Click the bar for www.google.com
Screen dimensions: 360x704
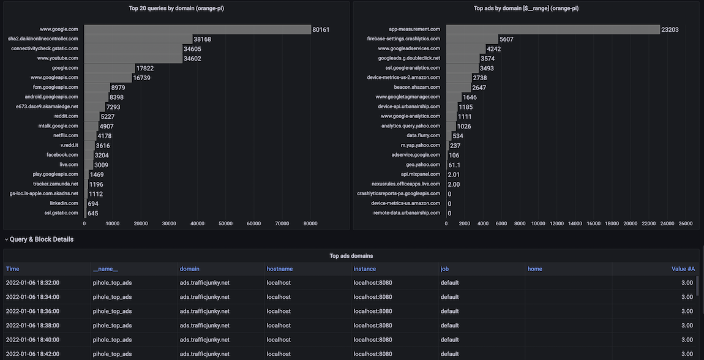pyautogui.click(x=197, y=29)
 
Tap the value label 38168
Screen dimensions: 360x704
pyautogui.click(x=202, y=39)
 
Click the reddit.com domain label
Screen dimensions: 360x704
pyautogui.click(x=66, y=116)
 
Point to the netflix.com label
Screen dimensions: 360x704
pyautogui.click(x=66, y=135)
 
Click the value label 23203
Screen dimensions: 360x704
pyautogui.click(x=670, y=29)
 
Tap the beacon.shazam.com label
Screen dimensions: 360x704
pyautogui.click(x=417, y=87)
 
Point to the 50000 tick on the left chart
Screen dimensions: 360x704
pyautogui.click(x=226, y=223)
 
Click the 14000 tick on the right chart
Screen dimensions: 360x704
pyautogui.click(x=575, y=223)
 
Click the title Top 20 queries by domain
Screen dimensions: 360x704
pyautogui.click(x=176, y=9)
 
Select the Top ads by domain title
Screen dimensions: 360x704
pyautogui.click(x=526, y=9)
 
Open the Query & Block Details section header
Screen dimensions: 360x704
pyautogui.click(x=41, y=239)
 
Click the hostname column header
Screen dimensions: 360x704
pyautogui.click(x=280, y=269)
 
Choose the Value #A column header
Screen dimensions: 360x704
pyautogui.click(x=683, y=269)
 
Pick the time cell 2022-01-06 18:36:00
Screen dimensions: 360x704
pyautogui.click(x=32, y=311)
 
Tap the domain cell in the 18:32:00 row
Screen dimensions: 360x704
pyautogui.click(x=204, y=283)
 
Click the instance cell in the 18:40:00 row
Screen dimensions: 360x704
pyautogui.click(x=373, y=340)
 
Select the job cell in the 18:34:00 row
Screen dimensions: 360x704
pyautogui.click(x=449, y=297)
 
